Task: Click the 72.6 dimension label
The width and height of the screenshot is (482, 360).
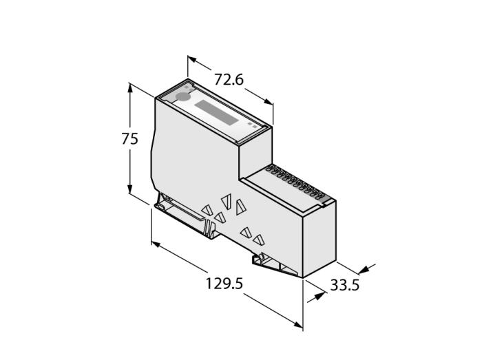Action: coord(229,79)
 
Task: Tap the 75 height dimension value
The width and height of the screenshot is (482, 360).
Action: coord(129,139)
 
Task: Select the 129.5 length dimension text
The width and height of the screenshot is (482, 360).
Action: coord(224,284)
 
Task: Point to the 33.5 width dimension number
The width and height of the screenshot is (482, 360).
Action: coord(344,285)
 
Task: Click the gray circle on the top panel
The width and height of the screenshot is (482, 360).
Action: coord(183,97)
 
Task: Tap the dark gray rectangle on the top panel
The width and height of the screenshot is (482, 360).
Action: coord(216,112)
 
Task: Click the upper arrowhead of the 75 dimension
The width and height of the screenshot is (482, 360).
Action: coord(130,88)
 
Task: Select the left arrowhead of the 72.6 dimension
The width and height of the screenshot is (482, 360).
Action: coord(192,59)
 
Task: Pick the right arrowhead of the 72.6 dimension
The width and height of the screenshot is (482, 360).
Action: coord(268,102)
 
